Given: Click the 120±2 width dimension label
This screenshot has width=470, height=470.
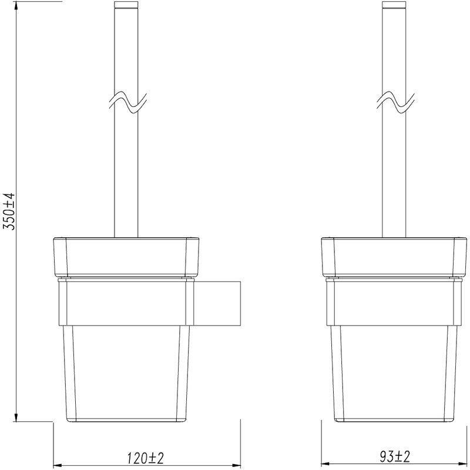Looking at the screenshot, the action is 146,458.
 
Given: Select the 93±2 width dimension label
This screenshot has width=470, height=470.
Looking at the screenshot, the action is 395,457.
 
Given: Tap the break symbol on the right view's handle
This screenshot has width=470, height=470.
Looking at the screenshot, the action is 395,102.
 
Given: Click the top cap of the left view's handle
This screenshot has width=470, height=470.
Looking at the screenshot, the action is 126,5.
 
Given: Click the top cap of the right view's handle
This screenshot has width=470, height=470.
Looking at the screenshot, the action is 394,5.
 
